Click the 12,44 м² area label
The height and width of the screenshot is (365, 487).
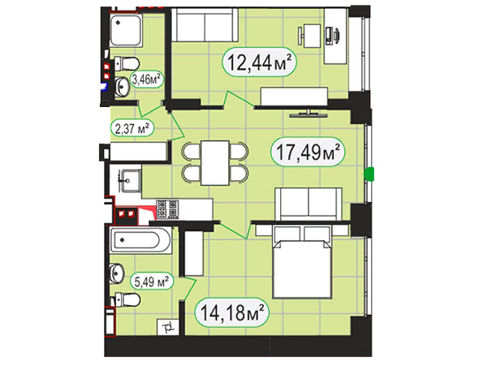[x=260, y=62]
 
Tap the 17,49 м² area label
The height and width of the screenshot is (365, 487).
[x=308, y=152]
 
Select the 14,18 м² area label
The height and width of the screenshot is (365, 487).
[x=232, y=312]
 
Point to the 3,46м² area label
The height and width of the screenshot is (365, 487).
[x=147, y=79]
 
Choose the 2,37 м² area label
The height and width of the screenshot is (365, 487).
[x=132, y=128]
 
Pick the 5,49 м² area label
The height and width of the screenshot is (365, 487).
[x=152, y=281]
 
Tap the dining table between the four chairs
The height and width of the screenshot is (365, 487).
[x=215, y=163]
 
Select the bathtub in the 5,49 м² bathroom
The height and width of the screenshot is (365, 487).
[x=140, y=240]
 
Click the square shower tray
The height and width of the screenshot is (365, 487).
[x=126, y=30]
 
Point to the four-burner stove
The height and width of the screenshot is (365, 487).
[x=168, y=208]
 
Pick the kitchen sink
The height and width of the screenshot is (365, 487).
[x=131, y=181]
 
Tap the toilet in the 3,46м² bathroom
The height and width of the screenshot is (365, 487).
[x=127, y=63]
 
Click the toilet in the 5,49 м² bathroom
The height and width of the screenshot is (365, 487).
[x=127, y=299]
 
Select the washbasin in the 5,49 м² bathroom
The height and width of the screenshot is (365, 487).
[x=117, y=273]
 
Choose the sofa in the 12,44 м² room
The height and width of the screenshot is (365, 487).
[x=205, y=25]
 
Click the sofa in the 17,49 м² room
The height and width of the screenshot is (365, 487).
[x=308, y=204]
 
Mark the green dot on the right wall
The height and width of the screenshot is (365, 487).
[x=369, y=174]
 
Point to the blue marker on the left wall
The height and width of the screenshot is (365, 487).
[x=105, y=86]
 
